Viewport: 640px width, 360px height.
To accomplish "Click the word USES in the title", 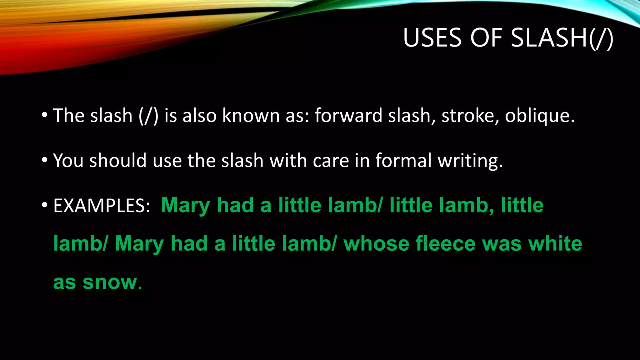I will coord(432,38).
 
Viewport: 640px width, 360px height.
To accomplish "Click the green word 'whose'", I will coord(376,244).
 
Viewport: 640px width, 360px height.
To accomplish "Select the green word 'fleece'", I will coord(445,244).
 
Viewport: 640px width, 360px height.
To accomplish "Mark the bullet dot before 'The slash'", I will coord(45,116).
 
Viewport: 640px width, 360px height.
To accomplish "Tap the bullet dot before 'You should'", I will coord(45,161).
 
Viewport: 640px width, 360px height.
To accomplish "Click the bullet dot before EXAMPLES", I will coord(45,206).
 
